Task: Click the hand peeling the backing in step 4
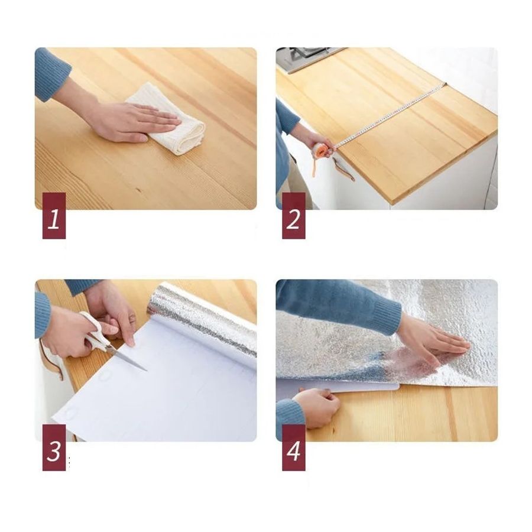(x=316, y=405)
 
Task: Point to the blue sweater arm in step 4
(x=337, y=304)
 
